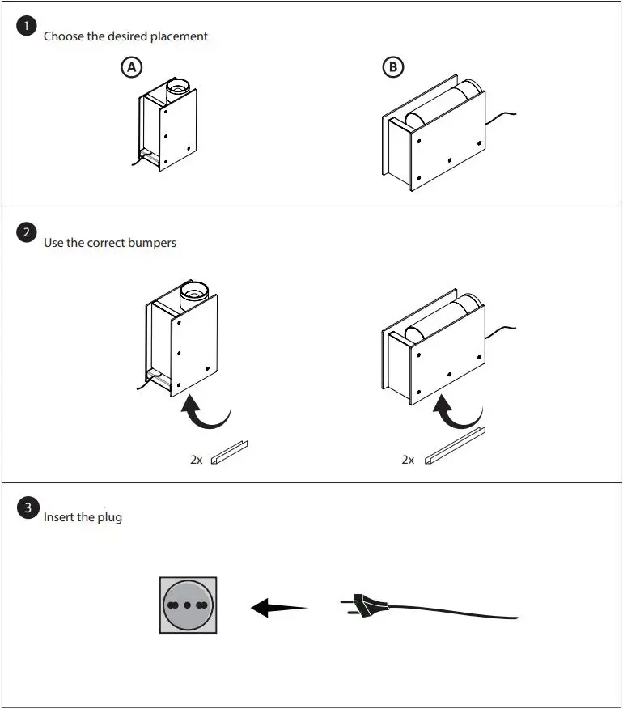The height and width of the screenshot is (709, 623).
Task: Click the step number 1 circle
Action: pyautogui.click(x=27, y=27)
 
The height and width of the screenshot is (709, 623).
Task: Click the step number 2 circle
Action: pyautogui.click(x=27, y=233)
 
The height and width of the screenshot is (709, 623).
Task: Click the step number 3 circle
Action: pyautogui.click(x=27, y=508)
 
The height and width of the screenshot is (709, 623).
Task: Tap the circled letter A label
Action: pyautogui.click(x=130, y=67)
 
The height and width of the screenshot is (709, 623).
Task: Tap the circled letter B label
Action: pyautogui.click(x=393, y=67)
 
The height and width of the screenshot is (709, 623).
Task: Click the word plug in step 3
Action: pyautogui.click(x=109, y=517)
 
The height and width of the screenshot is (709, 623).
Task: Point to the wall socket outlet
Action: pyautogui.click(x=187, y=605)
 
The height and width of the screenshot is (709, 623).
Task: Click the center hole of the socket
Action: pyautogui.click(x=187, y=605)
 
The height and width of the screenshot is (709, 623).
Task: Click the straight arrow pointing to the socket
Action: pyautogui.click(x=279, y=607)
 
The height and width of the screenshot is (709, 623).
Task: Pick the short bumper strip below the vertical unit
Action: pyautogui.click(x=230, y=453)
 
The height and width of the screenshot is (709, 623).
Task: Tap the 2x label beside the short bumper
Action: pyautogui.click(x=197, y=460)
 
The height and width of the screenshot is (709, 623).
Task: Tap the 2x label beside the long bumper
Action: pyautogui.click(x=408, y=460)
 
